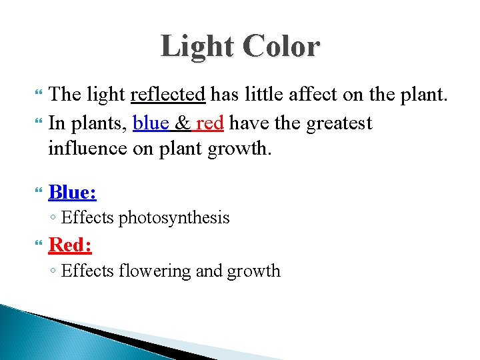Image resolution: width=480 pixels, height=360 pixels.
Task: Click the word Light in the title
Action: (197, 47)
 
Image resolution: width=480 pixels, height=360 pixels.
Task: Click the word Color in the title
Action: (281, 47)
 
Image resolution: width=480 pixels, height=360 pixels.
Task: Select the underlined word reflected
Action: (167, 95)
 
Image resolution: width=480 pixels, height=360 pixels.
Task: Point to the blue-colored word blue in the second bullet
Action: (152, 123)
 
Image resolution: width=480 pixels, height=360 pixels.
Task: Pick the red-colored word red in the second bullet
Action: (210, 123)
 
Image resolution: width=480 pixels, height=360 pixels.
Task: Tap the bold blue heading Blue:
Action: (73, 193)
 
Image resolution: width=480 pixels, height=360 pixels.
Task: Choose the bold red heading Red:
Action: (71, 245)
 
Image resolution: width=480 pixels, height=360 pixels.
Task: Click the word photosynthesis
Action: (174, 218)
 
